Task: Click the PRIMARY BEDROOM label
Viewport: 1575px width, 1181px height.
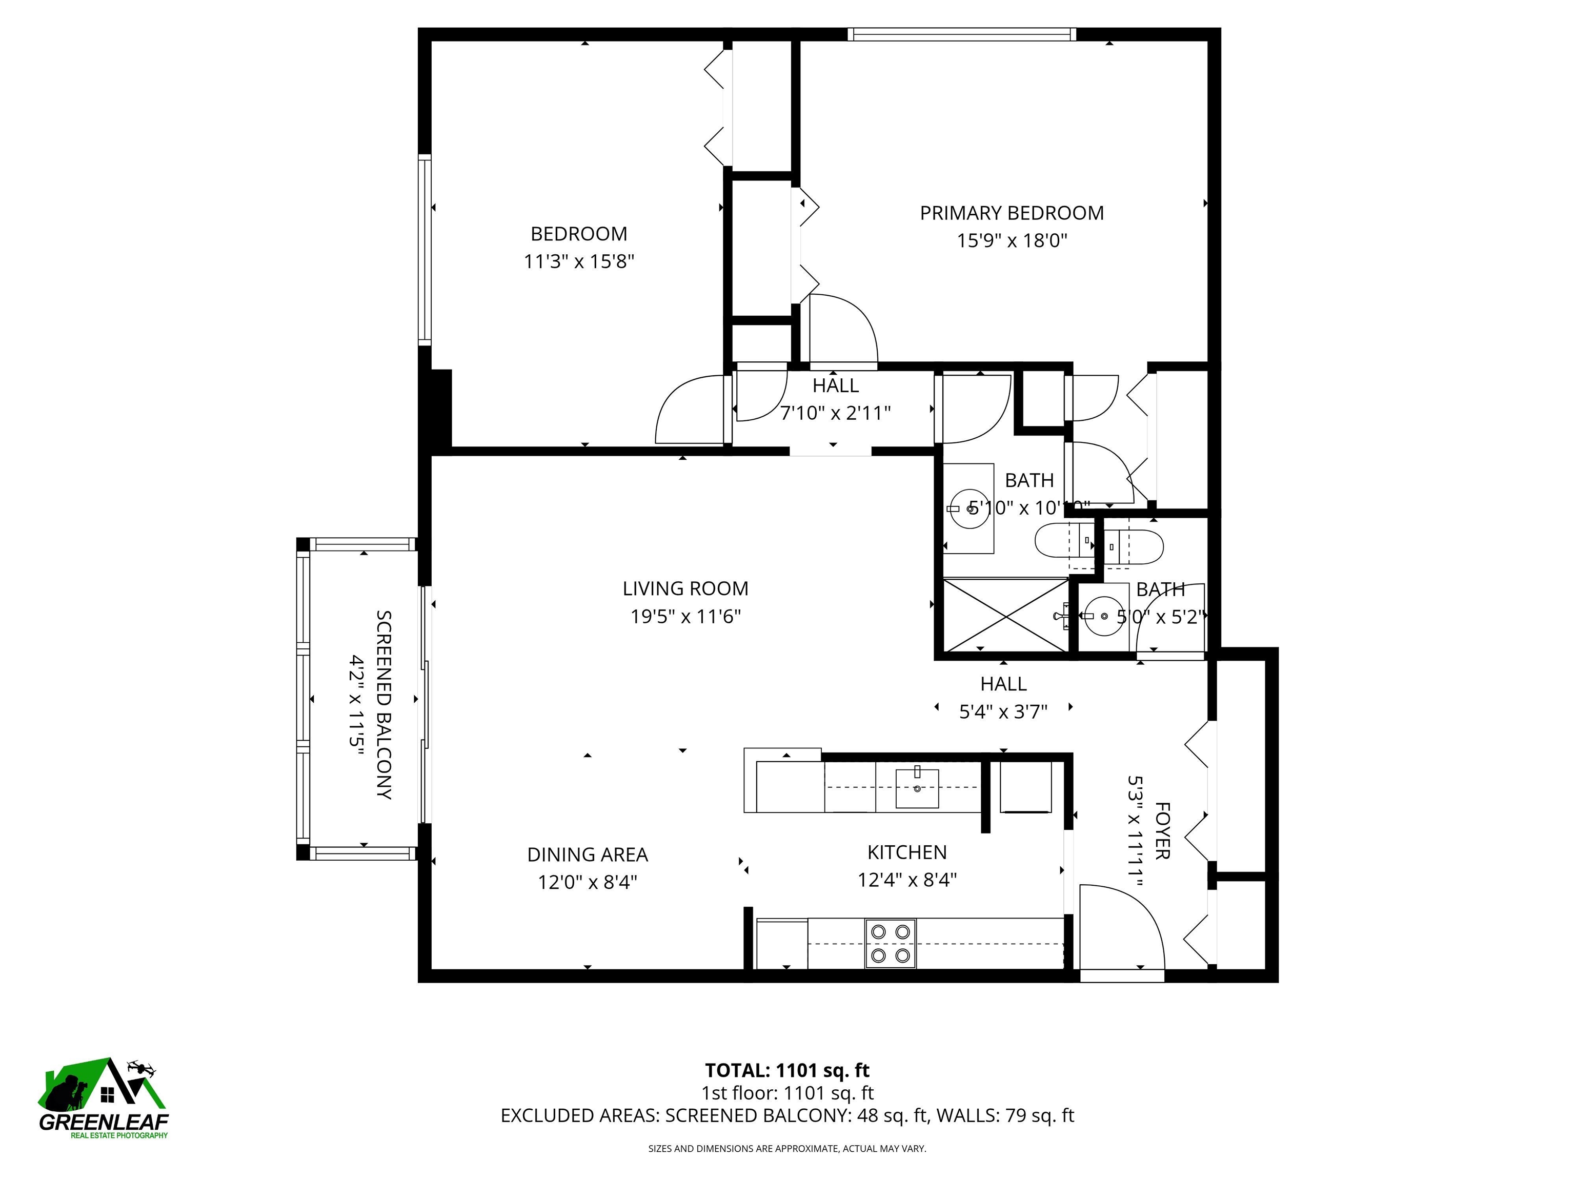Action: pyautogui.click(x=1011, y=213)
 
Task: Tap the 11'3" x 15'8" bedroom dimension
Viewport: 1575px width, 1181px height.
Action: pyautogui.click(x=578, y=262)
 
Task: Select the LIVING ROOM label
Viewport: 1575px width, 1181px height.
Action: pyautogui.click(x=685, y=589)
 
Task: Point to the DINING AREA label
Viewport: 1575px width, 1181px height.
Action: pyautogui.click(x=588, y=854)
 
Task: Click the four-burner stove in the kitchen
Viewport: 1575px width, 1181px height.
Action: pyautogui.click(x=890, y=943)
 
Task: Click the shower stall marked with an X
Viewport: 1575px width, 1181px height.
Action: pyautogui.click(x=1005, y=615)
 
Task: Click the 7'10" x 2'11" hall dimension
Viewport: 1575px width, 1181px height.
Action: pyautogui.click(x=835, y=413)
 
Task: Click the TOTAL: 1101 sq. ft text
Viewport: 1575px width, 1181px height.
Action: pyautogui.click(x=787, y=1070)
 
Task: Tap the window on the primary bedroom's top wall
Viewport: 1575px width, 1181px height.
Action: pyautogui.click(x=961, y=34)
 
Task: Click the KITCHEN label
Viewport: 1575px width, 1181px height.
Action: pyautogui.click(x=906, y=852)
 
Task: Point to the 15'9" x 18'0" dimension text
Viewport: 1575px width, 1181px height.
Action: pyautogui.click(x=1011, y=240)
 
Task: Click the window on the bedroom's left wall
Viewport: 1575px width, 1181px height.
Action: pyautogui.click(x=425, y=250)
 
